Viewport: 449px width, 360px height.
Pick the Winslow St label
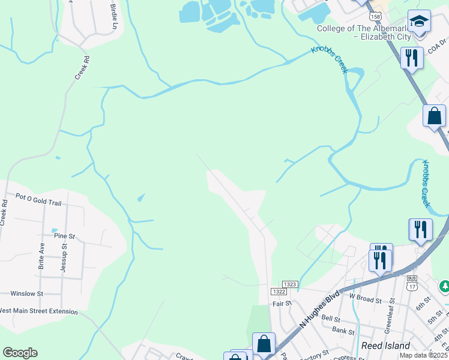coord(27,294)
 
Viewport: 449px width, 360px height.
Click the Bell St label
coord(331,318)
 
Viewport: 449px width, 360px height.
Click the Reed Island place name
coord(385,346)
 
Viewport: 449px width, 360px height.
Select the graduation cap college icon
coord(418,22)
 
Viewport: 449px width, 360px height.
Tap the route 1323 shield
coord(289,284)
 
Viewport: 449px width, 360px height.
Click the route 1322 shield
coord(279,292)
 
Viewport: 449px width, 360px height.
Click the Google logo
coord(20,352)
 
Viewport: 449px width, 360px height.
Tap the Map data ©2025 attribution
coord(424,355)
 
